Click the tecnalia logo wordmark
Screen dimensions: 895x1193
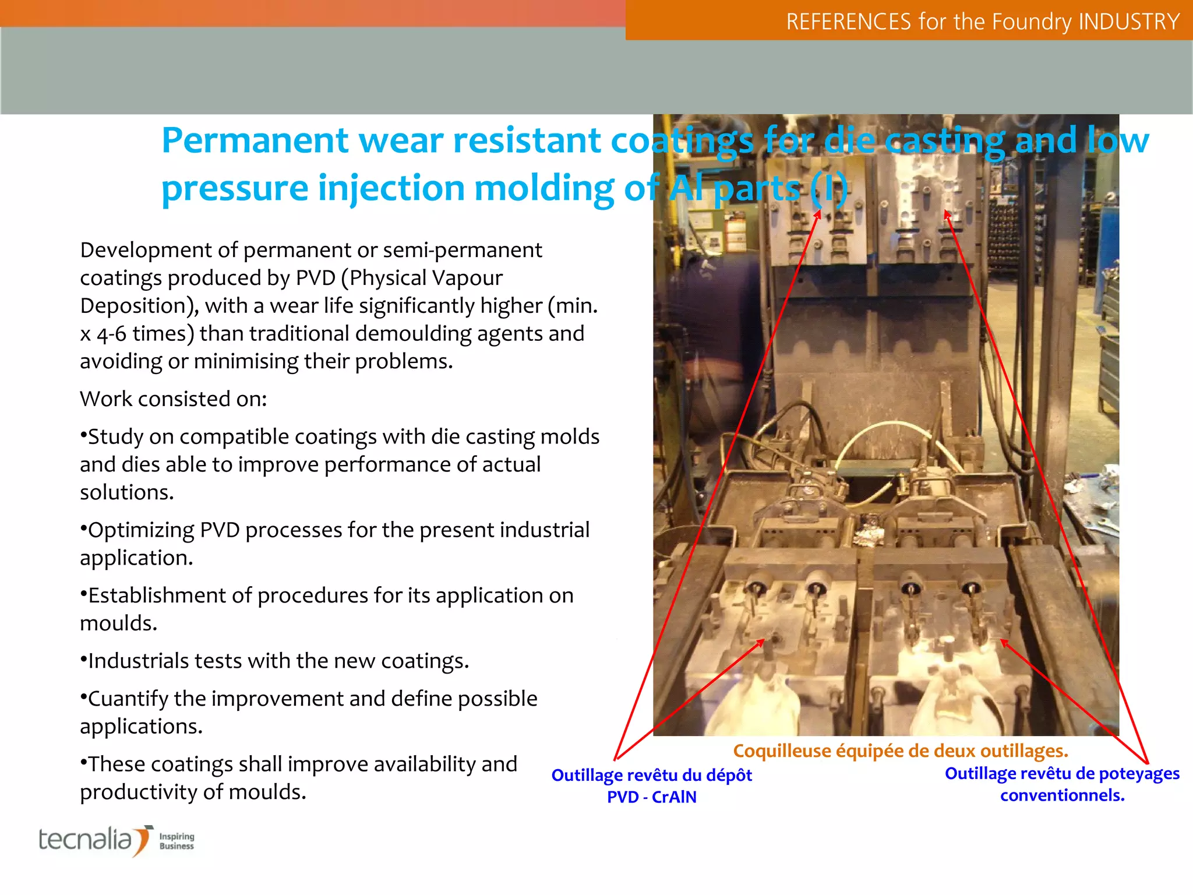click(86, 840)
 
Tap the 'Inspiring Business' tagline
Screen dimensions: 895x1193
click(177, 841)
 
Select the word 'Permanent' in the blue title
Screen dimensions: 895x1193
click(255, 140)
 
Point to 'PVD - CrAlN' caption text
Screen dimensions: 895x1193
click(651, 797)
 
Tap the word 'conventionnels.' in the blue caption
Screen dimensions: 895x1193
click(1062, 795)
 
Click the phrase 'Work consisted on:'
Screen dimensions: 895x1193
click(173, 399)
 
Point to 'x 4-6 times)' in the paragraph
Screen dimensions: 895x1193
click(137, 333)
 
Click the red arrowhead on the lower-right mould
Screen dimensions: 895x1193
click(1004, 643)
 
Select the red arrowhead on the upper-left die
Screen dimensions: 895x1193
click(818, 214)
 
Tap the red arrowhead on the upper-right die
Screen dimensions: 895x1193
click(947, 215)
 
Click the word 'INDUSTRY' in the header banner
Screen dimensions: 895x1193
click(1128, 22)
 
